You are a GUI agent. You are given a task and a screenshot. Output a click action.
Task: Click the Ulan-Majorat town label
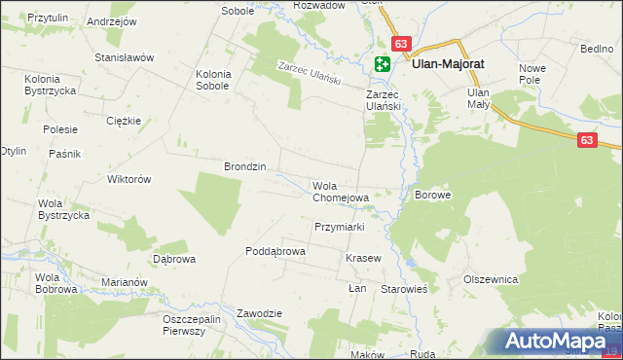449,64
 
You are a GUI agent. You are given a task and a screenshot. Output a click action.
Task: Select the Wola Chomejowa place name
340,192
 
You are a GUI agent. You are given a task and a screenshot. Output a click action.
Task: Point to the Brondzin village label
245,166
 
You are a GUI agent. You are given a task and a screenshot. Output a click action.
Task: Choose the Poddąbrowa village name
275,251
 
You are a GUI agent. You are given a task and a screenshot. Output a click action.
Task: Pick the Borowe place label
433,195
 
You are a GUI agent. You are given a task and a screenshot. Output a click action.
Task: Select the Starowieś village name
411,290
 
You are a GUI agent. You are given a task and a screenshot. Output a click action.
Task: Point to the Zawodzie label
259,313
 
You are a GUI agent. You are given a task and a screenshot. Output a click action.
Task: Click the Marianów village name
124,282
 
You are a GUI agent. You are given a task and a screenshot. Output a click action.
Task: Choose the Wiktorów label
128,179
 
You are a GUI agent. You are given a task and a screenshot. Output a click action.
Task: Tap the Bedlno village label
596,48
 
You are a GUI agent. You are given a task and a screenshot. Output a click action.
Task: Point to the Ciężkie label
125,121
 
